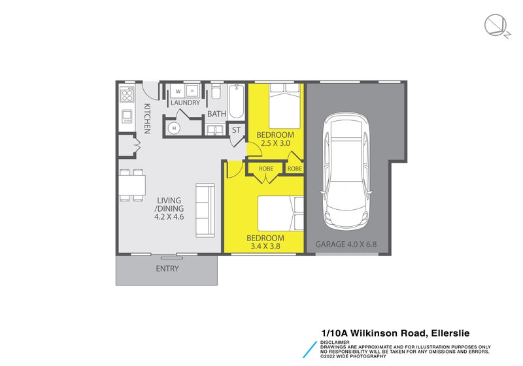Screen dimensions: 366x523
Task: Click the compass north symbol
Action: (495, 25)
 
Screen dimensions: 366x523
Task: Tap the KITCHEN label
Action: (147, 118)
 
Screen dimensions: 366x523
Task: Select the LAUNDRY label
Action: (185, 103)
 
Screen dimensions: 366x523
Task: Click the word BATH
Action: (217, 114)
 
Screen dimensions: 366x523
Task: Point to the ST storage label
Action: (236, 130)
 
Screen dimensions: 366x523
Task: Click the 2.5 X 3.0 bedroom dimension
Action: (275, 143)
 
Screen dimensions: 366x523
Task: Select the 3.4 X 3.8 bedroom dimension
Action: (265, 246)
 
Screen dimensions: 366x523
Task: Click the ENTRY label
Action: (167, 269)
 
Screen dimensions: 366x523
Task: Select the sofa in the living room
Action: (205, 210)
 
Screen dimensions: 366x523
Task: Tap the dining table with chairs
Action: (132, 185)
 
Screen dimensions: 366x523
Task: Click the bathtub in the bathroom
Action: (236, 103)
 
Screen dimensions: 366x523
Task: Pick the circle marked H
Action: (175, 128)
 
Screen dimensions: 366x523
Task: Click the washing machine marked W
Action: (178, 91)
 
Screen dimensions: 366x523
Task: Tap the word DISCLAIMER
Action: (335, 342)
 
